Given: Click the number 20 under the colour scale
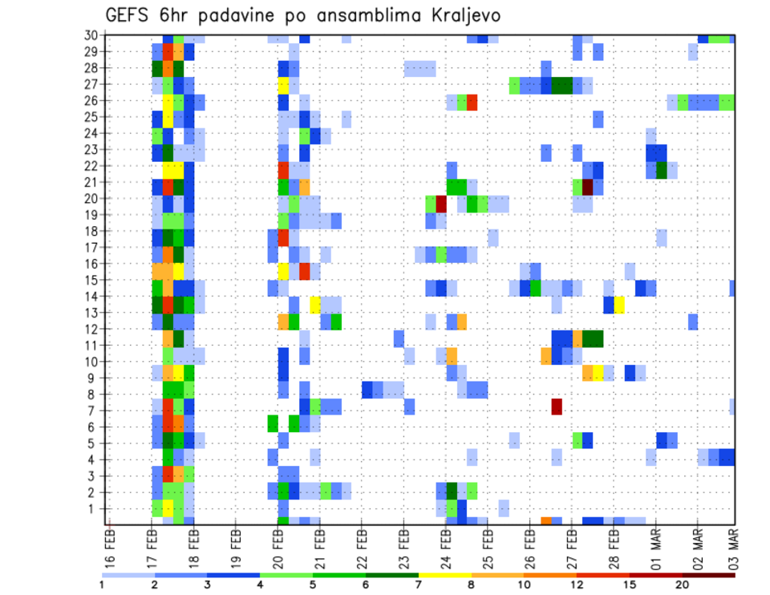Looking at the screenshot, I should [x=683, y=584].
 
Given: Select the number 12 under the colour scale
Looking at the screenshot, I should [x=577, y=584].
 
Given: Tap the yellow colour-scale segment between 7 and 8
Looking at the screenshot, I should [x=445, y=575].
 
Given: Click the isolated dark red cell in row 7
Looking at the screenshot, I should [x=557, y=407].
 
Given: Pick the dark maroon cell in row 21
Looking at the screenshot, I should [x=588, y=187].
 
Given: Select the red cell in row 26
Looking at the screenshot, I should [x=472, y=102].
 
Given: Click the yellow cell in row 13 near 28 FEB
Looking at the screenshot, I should [x=619, y=305].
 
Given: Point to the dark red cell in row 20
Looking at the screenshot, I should [x=441, y=203].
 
